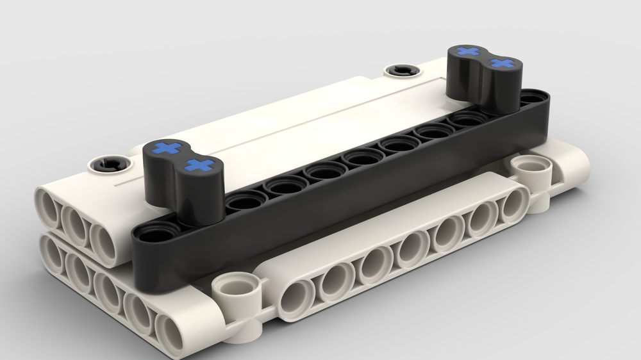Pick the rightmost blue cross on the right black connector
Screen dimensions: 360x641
pyautogui.click(x=504, y=63)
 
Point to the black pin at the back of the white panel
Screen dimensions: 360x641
pyautogui.click(x=402, y=70)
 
